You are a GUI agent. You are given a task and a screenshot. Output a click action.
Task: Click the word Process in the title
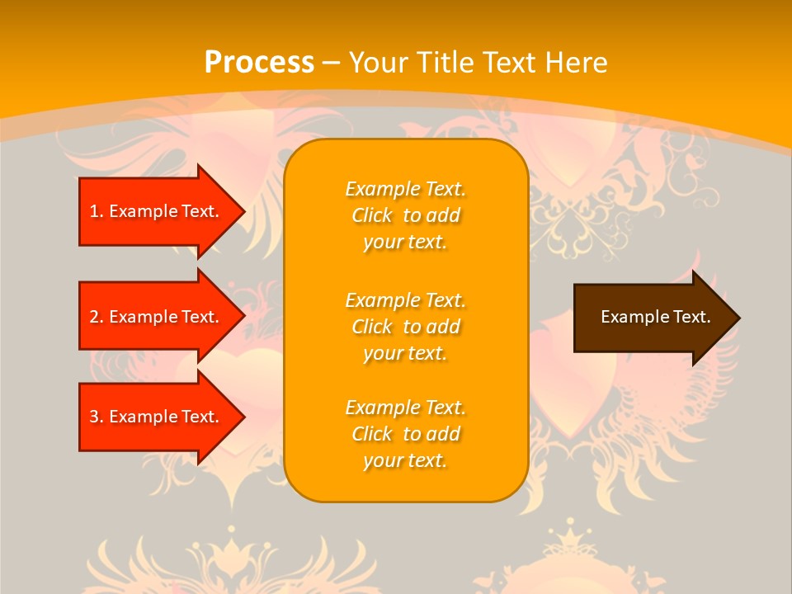(x=259, y=63)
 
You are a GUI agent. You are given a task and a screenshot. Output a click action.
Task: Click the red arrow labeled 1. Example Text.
(x=157, y=211)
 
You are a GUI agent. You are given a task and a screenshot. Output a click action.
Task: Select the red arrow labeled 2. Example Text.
(x=157, y=317)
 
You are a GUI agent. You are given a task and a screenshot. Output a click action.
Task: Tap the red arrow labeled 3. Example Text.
(x=157, y=417)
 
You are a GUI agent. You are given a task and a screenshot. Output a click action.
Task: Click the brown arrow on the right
(x=652, y=318)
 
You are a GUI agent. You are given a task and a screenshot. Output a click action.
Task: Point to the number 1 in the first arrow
(x=94, y=211)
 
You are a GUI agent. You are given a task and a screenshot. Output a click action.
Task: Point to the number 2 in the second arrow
(x=94, y=317)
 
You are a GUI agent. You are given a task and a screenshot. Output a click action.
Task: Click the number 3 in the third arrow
(x=94, y=417)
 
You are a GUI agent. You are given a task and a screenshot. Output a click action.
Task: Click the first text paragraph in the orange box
(x=405, y=215)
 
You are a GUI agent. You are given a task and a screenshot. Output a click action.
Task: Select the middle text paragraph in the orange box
(x=405, y=327)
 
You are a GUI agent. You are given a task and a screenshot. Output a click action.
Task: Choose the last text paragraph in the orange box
(x=405, y=434)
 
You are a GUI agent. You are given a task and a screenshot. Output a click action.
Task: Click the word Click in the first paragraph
(x=372, y=215)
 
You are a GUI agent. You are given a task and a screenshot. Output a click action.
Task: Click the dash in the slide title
(x=332, y=63)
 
